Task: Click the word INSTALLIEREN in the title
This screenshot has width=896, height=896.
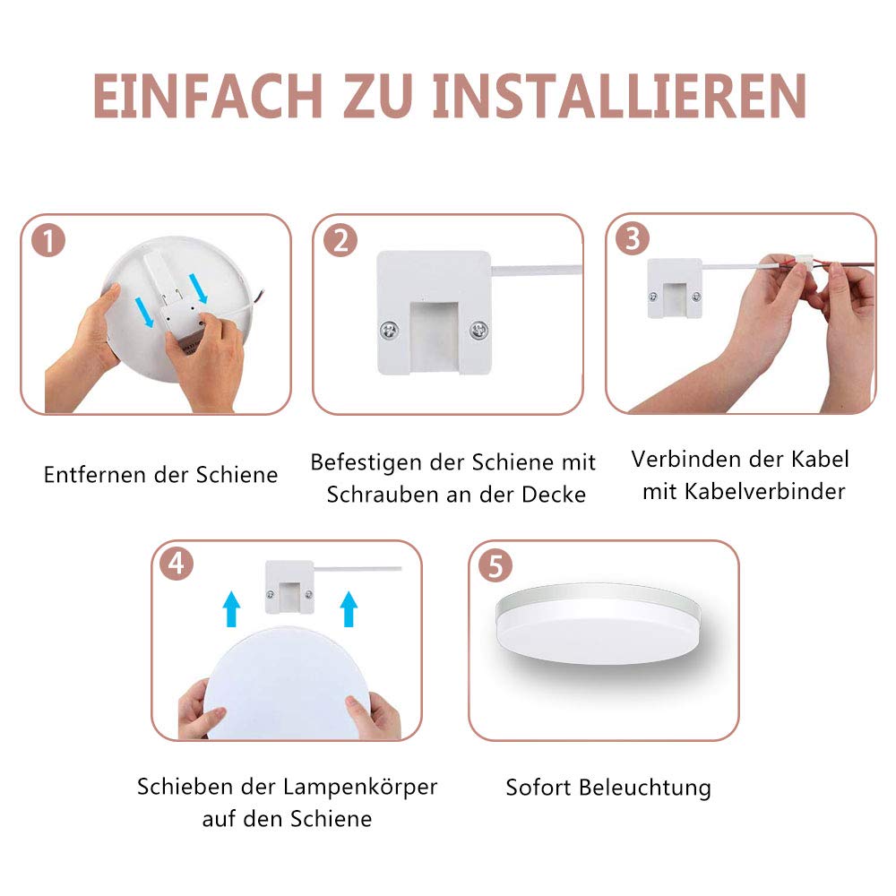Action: coord(619,96)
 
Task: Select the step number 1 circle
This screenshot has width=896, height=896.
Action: coord(48,240)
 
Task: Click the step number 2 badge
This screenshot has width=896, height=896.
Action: coord(340,240)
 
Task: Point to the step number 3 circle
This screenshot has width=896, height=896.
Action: coord(633,239)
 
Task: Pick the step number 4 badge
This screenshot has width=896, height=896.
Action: coord(177,564)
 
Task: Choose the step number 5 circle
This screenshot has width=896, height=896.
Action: coord(495,565)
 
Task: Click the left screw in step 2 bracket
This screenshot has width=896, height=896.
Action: coord(390,330)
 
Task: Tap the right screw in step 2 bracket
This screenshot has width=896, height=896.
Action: coord(478,330)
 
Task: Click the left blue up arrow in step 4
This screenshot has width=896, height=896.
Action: coord(231,609)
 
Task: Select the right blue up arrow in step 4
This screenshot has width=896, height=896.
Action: coord(349,609)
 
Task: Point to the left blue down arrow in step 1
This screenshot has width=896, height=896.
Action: coord(144,312)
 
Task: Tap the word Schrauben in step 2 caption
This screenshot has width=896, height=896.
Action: coord(382,495)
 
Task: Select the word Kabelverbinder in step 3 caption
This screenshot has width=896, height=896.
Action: coord(765,491)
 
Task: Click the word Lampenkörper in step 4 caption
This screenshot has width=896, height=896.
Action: coord(360,788)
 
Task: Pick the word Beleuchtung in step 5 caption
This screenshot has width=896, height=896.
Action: coord(645,788)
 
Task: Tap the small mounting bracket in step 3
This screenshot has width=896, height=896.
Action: coord(675,289)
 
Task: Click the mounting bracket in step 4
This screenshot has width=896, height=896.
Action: coord(289,587)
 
